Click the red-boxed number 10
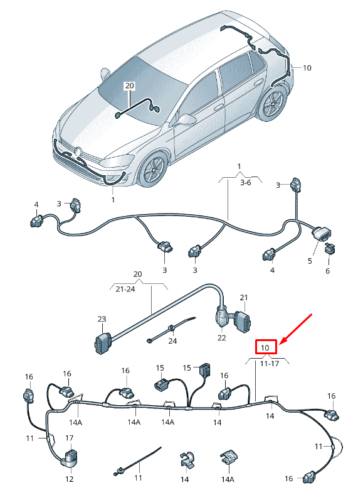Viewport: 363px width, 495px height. pos(265,347)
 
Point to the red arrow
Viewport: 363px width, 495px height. pos(295,327)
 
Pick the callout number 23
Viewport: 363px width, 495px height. pos(102,319)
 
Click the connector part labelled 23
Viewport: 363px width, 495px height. pos(102,344)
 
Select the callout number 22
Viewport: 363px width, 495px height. pos(221,338)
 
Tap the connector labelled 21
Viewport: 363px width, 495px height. pos(241,322)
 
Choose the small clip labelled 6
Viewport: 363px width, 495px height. pos(330,249)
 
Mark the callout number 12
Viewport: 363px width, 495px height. pos(69,479)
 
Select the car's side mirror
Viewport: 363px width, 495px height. pos(186,118)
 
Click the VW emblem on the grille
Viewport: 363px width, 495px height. pos(78,151)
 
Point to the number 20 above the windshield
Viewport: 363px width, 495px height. pos(129,85)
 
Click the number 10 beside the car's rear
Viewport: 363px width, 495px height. pos(307,67)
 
